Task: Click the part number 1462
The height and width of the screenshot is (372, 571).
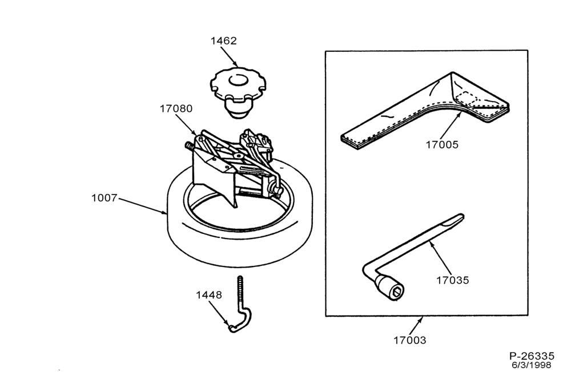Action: (224, 41)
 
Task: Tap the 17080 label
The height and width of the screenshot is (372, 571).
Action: (176, 108)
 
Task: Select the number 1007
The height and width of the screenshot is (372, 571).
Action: (104, 198)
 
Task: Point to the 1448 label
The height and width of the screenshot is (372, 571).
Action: (208, 295)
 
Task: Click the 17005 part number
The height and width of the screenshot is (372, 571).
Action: (442, 144)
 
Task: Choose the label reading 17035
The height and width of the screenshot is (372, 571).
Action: (453, 280)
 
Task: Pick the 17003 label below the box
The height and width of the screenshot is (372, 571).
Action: (409, 340)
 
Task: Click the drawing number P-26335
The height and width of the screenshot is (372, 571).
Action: (532, 356)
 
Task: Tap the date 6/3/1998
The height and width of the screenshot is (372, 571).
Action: (531, 365)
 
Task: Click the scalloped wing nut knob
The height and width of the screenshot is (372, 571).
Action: (238, 93)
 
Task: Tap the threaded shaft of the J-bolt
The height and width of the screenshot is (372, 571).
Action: (240, 291)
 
